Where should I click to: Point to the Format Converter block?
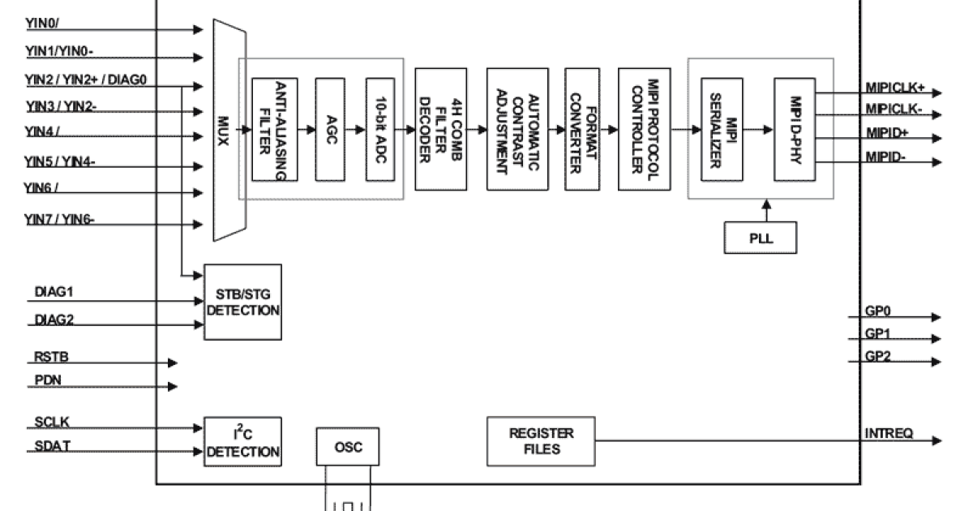point(582,129)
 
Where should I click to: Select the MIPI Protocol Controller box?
point(647,129)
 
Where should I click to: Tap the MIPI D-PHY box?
point(793,130)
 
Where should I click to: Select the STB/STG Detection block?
point(243,302)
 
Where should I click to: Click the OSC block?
point(347,448)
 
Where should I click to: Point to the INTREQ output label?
point(889,433)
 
